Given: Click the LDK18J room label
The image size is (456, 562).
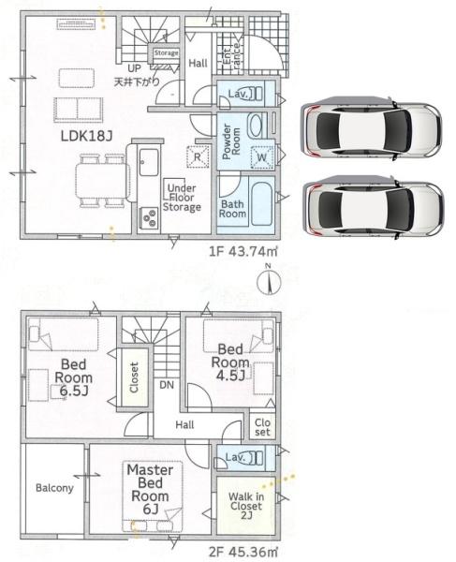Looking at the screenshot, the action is (x=86, y=136).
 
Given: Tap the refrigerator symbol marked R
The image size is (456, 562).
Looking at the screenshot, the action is (x=198, y=156).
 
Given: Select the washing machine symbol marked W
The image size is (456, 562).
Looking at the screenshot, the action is (x=262, y=157).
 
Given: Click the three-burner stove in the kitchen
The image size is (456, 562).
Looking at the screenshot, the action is (x=149, y=217).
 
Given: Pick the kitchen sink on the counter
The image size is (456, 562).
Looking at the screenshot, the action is (x=149, y=162).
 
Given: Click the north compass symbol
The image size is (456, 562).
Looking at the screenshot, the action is (x=269, y=280).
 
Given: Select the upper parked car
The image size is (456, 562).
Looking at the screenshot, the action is (x=371, y=128).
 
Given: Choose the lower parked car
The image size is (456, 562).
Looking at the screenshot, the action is (x=374, y=208).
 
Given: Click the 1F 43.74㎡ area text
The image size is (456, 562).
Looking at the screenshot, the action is (x=243, y=251).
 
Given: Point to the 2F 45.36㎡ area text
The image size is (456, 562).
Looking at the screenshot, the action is (x=243, y=552).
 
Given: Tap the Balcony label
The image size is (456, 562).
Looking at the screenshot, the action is (x=54, y=488).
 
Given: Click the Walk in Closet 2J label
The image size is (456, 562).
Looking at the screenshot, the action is (x=246, y=506).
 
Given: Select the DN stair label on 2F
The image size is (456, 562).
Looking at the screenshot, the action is (x=167, y=385).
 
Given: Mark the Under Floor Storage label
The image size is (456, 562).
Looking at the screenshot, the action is (x=182, y=198).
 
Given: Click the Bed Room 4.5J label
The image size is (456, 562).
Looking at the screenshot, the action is (x=230, y=362).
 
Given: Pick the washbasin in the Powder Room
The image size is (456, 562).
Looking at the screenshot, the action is (x=256, y=126).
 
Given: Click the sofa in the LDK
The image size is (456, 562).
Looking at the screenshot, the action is (x=79, y=109).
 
